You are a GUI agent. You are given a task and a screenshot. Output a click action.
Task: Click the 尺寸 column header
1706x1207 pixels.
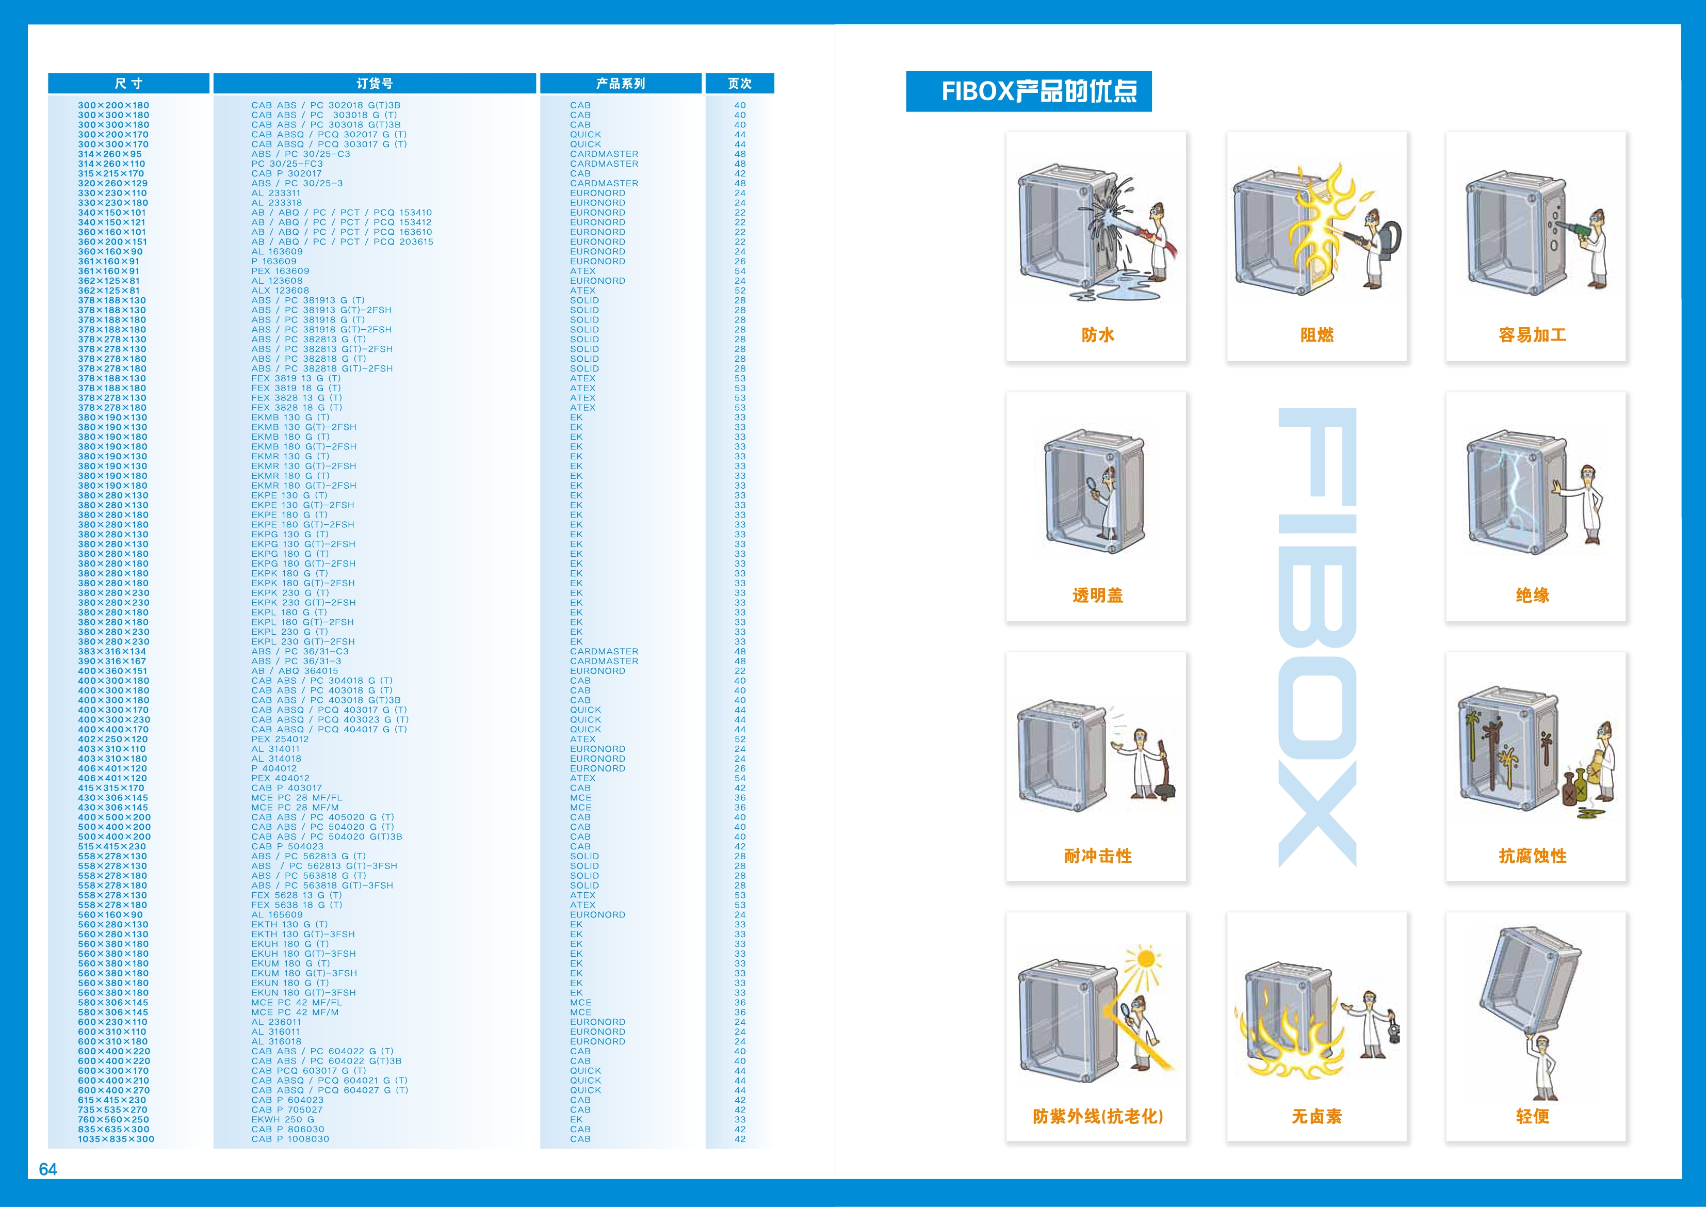click(x=128, y=83)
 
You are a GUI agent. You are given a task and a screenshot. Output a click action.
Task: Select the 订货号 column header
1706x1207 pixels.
click(x=375, y=83)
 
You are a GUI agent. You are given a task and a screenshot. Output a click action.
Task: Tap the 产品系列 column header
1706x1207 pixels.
click(x=621, y=83)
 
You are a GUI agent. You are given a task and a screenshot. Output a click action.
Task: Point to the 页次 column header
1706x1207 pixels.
click(x=739, y=83)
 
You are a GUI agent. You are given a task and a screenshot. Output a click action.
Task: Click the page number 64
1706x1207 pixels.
click(x=47, y=1169)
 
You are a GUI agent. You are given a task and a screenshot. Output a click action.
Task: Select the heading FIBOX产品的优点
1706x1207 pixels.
click(x=1039, y=91)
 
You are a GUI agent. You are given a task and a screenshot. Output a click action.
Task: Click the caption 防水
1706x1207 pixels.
click(x=1097, y=335)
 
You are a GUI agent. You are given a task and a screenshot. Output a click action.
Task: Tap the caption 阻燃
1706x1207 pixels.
click(x=1317, y=335)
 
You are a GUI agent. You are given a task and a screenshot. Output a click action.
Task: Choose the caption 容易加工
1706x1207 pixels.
click(x=1532, y=335)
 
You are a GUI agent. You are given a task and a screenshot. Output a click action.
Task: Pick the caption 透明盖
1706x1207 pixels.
click(x=1097, y=596)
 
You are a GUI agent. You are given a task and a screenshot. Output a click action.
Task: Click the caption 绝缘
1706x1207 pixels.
click(x=1532, y=596)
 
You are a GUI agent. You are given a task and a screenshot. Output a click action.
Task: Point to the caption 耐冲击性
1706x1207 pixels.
click(x=1097, y=856)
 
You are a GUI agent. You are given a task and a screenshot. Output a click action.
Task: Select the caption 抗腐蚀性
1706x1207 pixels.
click(x=1532, y=856)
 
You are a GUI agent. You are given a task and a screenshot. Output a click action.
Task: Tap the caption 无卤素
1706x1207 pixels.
click(x=1317, y=1116)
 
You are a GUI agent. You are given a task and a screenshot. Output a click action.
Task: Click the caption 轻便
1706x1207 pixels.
click(x=1532, y=1116)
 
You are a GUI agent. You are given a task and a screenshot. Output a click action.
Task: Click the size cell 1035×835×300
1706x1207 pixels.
click(x=116, y=1138)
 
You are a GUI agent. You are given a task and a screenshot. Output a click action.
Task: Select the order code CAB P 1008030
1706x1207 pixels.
click(x=290, y=1138)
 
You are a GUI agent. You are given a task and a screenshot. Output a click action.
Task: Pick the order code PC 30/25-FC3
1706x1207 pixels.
click(x=287, y=164)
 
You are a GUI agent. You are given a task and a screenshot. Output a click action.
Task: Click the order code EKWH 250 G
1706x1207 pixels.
click(x=282, y=1119)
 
